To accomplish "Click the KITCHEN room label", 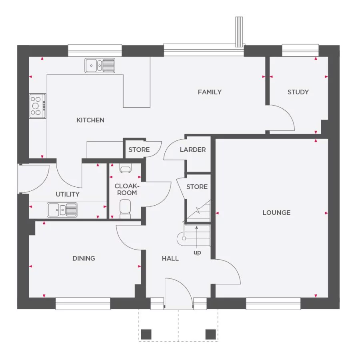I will tap(90, 120).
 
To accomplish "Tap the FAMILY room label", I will tap(210, 92).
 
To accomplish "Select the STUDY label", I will tap(298, 92).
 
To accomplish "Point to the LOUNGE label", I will tap(276, 213).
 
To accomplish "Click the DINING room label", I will tap(84, 258).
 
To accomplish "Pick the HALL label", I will tap(170, 258).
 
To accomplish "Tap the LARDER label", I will tap(193, 150).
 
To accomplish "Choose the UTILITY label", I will tap(68, 194).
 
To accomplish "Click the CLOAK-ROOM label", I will tap(126, 190).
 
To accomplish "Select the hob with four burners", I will tap(37, 106).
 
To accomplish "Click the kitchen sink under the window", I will tap(100, 65).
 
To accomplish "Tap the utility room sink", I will tap(62, 209).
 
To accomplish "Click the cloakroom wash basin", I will tap(125, 168).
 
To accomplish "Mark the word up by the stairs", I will tap(197, 253).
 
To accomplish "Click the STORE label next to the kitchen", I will tap(139, 150).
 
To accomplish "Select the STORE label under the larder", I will tap(197, 187).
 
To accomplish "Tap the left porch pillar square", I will tap(147, 334).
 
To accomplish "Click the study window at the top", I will tap(300, 50).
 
